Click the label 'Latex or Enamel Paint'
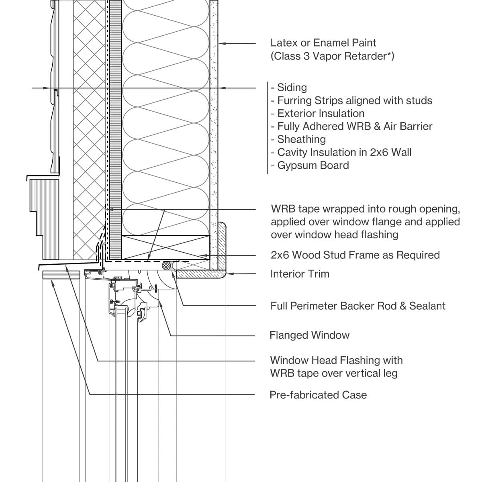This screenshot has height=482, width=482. click(323, 43)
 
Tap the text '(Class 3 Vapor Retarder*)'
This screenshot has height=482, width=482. click(332, 56)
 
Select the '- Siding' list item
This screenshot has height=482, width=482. click(289, 88)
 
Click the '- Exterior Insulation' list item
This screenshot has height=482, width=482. click(318, 113)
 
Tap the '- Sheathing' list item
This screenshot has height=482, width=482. click(298, 139)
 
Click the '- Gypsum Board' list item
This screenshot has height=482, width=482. click(310, 165)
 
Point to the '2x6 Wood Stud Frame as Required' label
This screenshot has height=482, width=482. click(355, 255)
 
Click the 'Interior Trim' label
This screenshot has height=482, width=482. click(300, 274)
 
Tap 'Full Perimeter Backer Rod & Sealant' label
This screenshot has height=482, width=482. click(358, 306)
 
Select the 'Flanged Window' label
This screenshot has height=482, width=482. click(309, 335)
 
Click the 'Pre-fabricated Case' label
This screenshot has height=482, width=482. click(318, 395)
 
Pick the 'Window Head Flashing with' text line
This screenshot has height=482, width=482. click(336, 360)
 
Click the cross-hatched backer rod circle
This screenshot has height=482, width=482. click(166, 265)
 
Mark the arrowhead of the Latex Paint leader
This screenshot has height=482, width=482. click(221, 43)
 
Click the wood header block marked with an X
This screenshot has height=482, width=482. click(165, 247)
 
